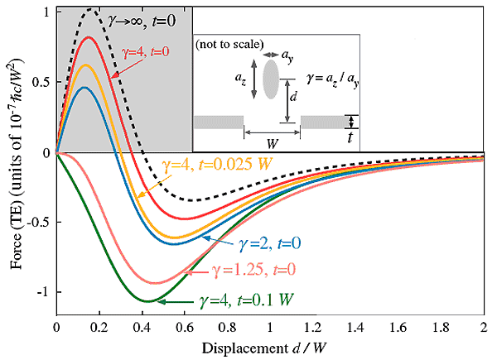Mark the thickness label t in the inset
tap(351, 139)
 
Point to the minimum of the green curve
tap(146, 300)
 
